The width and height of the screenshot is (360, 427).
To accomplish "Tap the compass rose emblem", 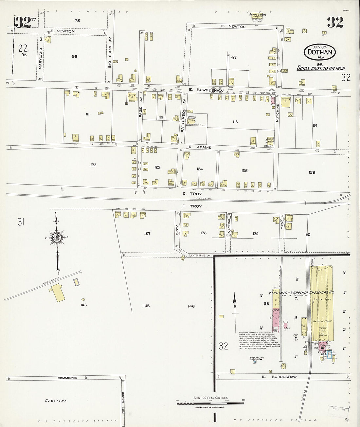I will click(57, 238).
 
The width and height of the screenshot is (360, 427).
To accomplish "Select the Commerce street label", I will click(67, 378).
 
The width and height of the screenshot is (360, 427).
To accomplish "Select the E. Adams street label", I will click(200, 147).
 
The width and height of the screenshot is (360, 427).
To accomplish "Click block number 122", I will click(93, 165).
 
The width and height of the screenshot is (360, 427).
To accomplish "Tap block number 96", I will click(75, 57).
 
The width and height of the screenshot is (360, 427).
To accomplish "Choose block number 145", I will click(146, 306).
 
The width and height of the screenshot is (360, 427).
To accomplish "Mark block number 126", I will click(312, 172).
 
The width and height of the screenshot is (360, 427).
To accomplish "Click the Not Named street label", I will click(123, 403).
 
